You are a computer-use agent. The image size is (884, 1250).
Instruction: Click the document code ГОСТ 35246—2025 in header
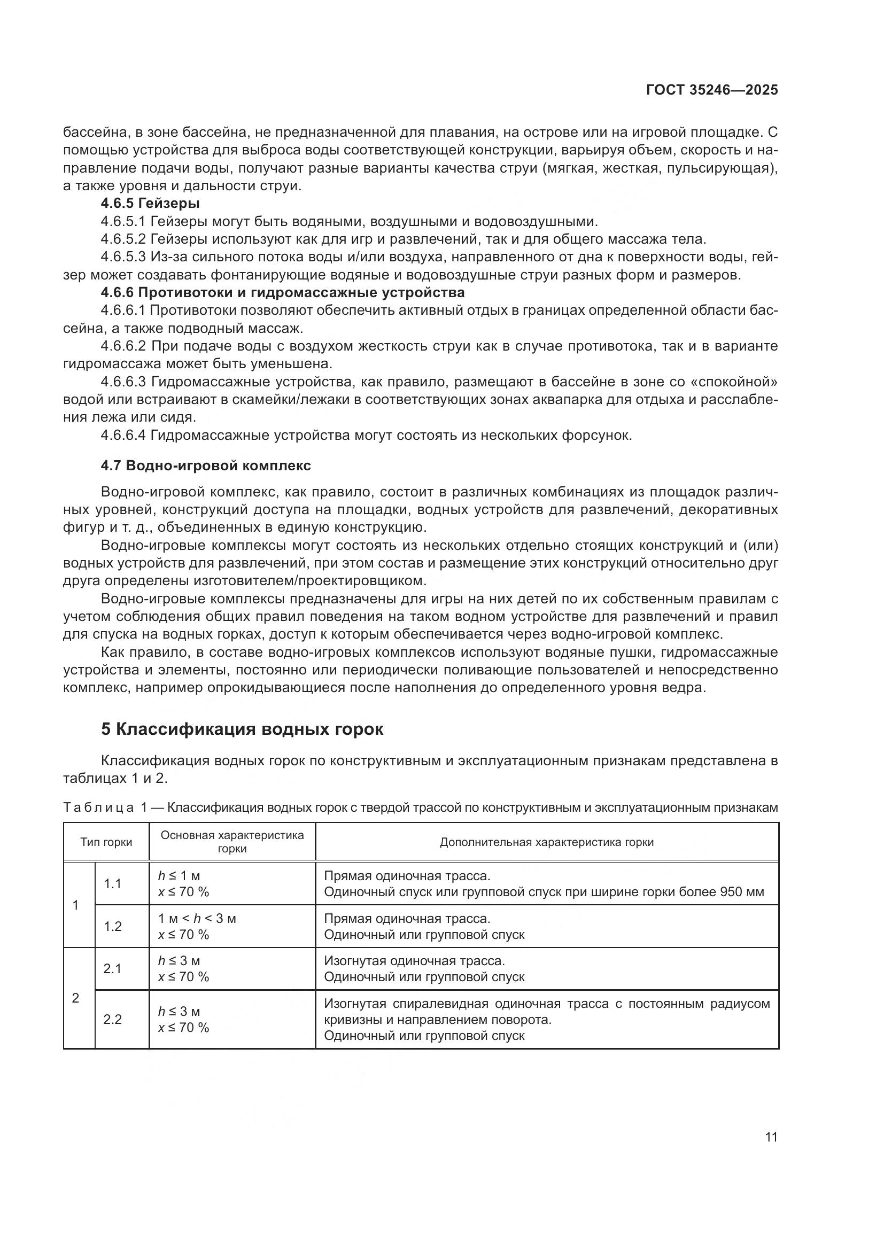tap(712, 90)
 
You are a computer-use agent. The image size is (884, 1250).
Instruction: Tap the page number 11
tap(771, 1137)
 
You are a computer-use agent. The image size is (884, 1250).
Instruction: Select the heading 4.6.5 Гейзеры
tap(150, 204)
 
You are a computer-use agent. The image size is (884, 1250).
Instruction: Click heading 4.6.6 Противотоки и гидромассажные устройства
tap(283, 293)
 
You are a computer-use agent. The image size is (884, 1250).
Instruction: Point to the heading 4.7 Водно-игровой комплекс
tap(206, 465)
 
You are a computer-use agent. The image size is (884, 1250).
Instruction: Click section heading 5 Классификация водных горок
tap(242, 729)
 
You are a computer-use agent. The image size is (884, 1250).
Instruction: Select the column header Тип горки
tap(106, 842)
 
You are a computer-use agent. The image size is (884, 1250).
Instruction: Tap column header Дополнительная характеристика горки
tap(547, 842)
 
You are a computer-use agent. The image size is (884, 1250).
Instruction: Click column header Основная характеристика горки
tap(232, 842)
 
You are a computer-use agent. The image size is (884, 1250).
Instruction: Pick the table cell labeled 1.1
tap(113, 883)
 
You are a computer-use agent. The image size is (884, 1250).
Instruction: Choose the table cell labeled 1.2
tap(113, 926)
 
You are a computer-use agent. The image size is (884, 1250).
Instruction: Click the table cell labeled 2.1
tap(113, 968)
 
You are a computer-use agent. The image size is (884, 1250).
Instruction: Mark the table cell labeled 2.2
tap(113, 1019)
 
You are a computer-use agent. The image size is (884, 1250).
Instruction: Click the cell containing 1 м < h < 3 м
tap(197, 919)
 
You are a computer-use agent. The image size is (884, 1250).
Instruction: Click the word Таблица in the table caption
tap(98, 808)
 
